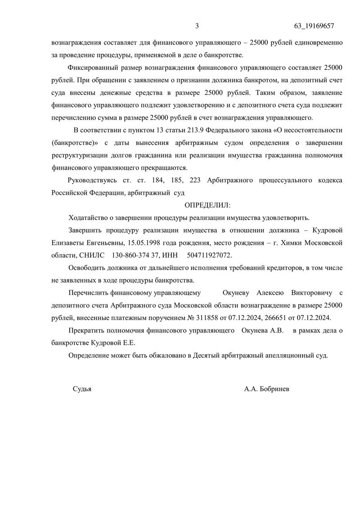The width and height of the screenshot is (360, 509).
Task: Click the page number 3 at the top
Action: click(x=197, y=26)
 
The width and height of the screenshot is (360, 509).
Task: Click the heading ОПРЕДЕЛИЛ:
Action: click(x=207, y=205)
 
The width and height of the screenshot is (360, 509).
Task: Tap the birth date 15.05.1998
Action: click(x=144, y=243)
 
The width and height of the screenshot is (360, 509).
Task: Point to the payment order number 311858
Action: click(x=204, y=318)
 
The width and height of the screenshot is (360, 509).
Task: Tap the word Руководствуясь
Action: click(x=92, y=180)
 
